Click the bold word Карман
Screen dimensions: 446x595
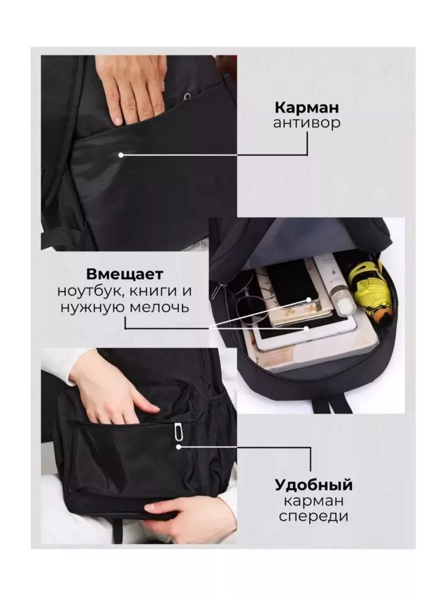(307, 108)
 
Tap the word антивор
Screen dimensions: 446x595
(307, 123)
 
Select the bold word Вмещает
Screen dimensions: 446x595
(125, 274)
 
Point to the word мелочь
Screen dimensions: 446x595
(159, 307)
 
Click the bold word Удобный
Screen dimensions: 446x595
(314, 485)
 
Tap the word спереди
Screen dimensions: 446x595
(314, 516)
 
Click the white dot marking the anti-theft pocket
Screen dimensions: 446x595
(120, 155)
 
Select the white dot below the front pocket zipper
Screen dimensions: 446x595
(178, 447)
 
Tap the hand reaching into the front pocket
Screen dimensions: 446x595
(114, 391)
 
